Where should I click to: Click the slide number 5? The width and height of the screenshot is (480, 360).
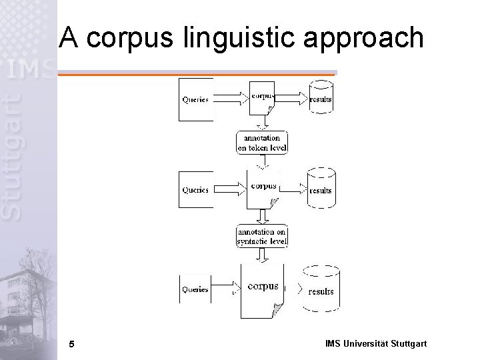(x=71, y=344)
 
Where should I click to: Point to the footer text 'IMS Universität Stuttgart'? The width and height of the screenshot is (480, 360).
(x=376, y=344)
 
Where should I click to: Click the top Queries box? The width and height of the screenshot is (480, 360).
(x=195, y=100)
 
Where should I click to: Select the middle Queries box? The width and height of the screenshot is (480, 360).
(x=195, y=189)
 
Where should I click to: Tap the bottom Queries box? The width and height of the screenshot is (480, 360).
(x=195, y=289)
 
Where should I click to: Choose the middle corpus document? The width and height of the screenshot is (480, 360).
(x=263, y=189)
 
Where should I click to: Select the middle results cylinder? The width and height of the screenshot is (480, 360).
(x=321, y=190)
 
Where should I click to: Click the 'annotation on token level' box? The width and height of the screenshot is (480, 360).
(x=263, y=142)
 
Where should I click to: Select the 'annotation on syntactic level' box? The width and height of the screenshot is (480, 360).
(x=262, y=236)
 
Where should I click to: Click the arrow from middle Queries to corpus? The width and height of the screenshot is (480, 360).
(x=231, y=189)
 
